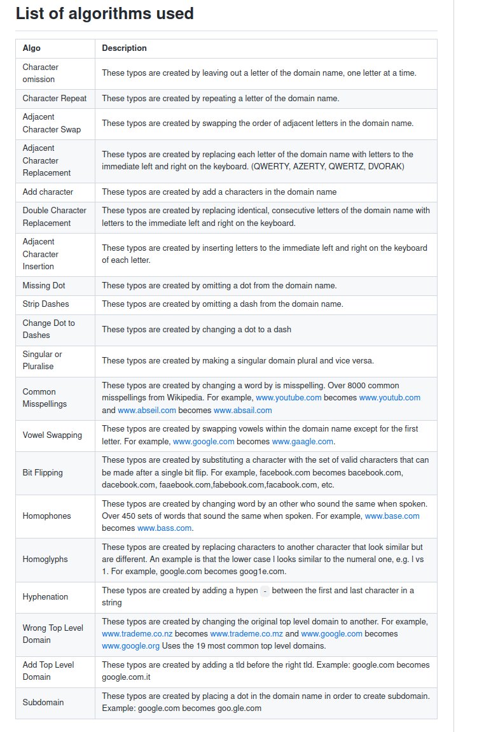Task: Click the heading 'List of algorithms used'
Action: coord(104,13)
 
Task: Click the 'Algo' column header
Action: coord(32,48)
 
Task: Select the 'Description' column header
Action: coord(124,48)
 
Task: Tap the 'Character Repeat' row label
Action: coord(55,99)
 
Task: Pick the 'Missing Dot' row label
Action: coord(44,286)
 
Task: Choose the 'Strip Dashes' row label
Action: coord(46,304)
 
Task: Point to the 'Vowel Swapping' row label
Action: coord(52,435)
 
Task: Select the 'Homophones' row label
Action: coord(47,516)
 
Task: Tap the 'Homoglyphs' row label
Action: coord(45,560)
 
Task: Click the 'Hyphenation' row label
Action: coord(45,597)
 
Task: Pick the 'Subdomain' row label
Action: coord(43,703)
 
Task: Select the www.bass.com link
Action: coord(164,528)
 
